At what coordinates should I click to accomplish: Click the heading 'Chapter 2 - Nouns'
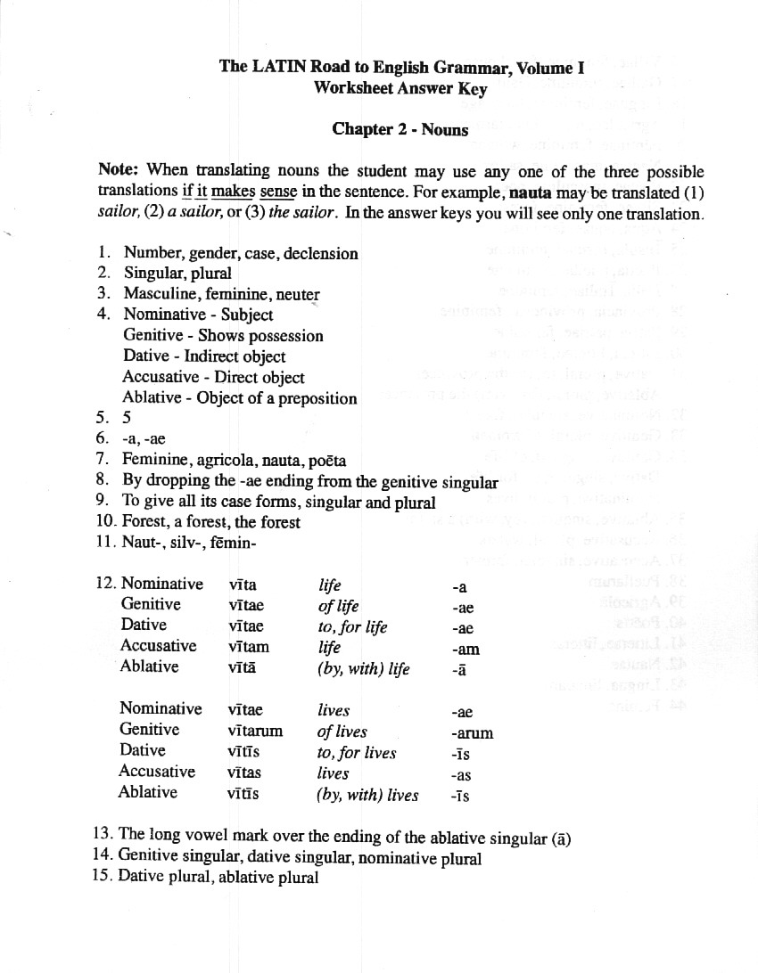[400, 129]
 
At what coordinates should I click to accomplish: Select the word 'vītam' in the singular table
[249, 647]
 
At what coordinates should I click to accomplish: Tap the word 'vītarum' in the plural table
[255, 732]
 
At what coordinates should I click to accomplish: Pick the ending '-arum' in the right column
[472, 734]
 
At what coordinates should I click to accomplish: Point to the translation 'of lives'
[342, 732]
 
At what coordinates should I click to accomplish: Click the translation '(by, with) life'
[363, 668]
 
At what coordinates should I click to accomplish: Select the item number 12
[105, 584]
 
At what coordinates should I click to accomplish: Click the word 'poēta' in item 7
[326, 461]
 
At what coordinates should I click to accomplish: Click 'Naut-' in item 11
[142, 543]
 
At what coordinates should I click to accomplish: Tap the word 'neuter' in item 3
[298, 294]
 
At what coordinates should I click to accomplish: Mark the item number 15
[103, 878]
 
